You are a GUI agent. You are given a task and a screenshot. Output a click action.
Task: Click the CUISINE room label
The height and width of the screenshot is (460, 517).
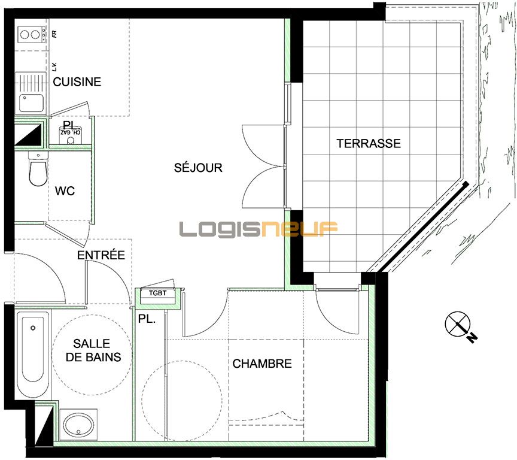pos(77,82)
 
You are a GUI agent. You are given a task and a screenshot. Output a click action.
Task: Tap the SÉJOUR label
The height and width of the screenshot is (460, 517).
pos(198,168)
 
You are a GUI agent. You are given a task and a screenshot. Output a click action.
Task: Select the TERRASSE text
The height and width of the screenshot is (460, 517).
pos(369,144)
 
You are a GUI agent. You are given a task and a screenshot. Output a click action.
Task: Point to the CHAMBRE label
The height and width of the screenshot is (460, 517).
pos(262,364)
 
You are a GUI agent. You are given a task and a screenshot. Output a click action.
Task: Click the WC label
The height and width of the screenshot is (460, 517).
pos(65,192)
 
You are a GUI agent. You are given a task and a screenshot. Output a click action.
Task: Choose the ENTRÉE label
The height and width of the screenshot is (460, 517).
pos(101,256)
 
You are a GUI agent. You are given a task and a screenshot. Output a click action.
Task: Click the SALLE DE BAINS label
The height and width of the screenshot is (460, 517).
pos(92,350)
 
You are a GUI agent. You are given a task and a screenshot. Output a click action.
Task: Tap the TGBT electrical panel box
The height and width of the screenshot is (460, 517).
pos(158,293)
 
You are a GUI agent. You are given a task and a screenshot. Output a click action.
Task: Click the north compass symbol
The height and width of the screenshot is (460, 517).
pos(459,325)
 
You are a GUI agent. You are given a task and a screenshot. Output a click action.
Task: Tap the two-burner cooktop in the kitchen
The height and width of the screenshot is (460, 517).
pos(31,35)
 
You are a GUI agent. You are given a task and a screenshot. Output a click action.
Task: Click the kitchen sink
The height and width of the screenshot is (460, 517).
pos(31,102)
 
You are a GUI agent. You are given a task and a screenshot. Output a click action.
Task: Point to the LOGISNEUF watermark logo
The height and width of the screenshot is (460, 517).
pos(259,228)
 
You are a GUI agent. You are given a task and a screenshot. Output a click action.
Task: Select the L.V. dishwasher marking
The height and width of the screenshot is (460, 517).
pos(54,66)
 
